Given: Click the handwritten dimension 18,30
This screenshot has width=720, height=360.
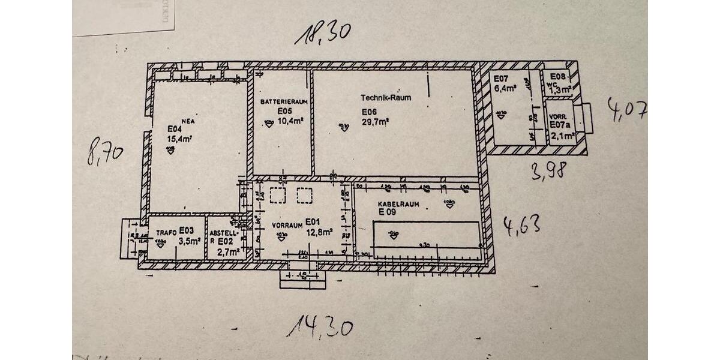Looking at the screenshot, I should tap(322, 34).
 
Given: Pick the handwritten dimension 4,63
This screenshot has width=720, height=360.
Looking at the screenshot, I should tap(521, 226).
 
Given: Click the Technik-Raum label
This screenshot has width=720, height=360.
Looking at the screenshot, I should tap(386, 97).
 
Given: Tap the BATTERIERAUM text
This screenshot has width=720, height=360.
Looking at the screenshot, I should tap(284, 103).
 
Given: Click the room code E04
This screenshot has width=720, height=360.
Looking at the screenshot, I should tap(174, 128).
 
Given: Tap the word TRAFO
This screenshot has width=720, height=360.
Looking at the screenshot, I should tap(166, 232).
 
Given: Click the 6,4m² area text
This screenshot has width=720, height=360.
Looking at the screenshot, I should tap(504, 88).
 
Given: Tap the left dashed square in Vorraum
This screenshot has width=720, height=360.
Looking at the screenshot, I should tap(278, 196).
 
